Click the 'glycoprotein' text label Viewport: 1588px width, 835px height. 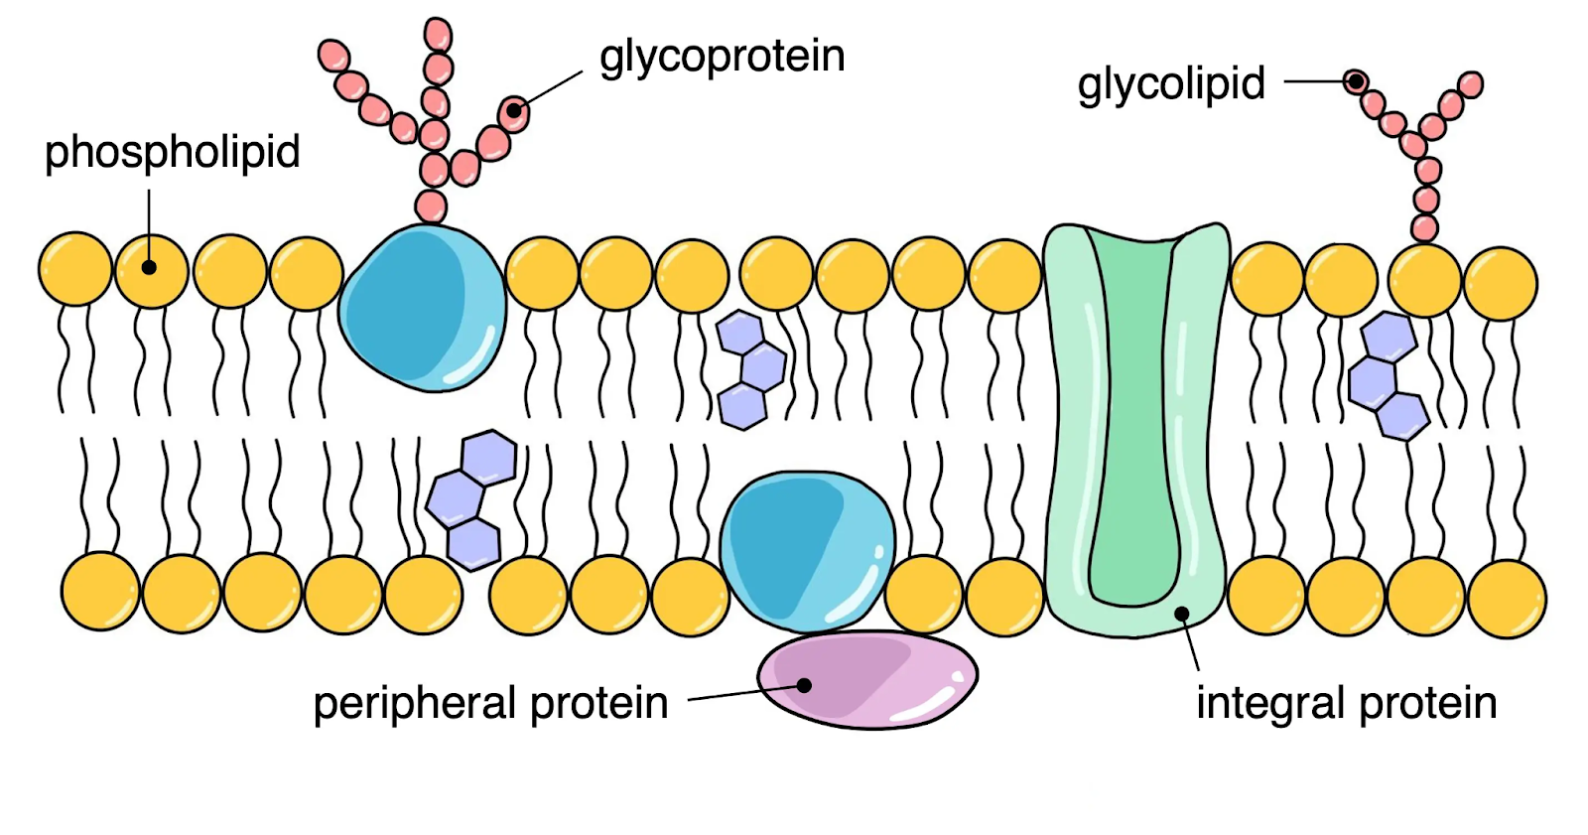[x=722, y=57]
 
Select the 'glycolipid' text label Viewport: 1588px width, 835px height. [x=1170, y=83]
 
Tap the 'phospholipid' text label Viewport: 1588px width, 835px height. [x=173, y=152]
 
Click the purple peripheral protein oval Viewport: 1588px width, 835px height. [x=867, y=680]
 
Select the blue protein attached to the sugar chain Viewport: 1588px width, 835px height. [x=423, y=308]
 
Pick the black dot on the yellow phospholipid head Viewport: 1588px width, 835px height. [x=149, y=267]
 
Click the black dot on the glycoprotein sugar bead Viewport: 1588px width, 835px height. [x=514, y=110]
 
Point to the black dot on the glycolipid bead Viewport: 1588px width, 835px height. [x=1355, y=81]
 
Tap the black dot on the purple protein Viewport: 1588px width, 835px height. [x=804, y=685]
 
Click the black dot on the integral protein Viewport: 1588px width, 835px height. [x=1182, y=614]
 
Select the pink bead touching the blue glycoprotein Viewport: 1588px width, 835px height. [x=431, y=207]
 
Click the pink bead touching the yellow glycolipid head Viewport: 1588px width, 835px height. [x=1424, y=228]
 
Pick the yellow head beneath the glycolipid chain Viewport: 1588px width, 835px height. [x=1425, y=281]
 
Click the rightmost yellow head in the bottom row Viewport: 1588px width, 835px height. [x=1508, y=599]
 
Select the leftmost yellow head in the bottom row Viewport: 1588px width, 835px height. [x=100, y=592]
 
